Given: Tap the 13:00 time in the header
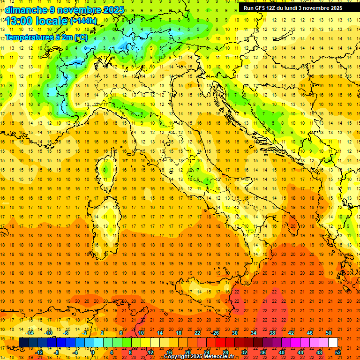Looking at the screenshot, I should (19, 21).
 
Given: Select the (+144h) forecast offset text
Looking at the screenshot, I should (83, 21).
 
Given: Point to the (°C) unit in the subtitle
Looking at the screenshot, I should (80, 37).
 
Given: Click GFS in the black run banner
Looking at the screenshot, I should (258, 8).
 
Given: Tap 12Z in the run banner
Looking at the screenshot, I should (271, 8).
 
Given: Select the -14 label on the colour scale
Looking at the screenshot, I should (30, 333).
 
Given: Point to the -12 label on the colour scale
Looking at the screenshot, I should (39, 352).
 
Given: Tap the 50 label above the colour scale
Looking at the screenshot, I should (329, 333).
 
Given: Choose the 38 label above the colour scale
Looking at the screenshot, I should (272, 333).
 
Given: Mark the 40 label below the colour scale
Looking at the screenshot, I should (282, 352).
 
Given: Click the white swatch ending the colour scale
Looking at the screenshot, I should (333, 342).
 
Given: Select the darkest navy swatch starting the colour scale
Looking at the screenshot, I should (23, 342).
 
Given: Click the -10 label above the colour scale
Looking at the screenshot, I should (48, 333).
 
